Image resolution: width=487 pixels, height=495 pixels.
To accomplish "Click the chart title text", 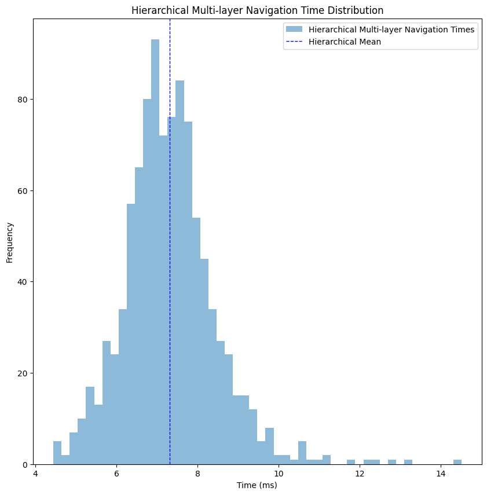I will click(x=257, y=10).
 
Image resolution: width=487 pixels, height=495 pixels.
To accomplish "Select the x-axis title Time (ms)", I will click(x=257, y=485).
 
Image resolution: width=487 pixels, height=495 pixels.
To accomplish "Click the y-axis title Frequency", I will click(x=10, y=241).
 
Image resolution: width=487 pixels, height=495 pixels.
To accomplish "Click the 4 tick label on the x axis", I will click(x=35, y=472).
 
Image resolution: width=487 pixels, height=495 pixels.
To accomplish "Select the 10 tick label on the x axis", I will click(x=279, y=472).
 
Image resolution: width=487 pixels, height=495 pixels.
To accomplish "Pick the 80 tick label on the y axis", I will click(x=23, y=100).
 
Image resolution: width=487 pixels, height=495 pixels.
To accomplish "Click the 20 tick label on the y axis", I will click(x=23, y=373).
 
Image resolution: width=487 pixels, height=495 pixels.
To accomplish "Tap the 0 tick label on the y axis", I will click(x=25, y=464).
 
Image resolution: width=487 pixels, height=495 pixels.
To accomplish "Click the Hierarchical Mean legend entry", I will click(x=345, y=42).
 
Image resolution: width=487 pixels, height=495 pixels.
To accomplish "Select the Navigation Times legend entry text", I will click(x=391, y=30).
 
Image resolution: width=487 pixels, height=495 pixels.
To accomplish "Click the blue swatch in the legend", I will click(x=294, y=30).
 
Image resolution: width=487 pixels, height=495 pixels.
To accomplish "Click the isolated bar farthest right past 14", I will click(x=457, y=462).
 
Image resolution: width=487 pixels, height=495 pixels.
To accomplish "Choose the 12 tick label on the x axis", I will click(x=360, y=472).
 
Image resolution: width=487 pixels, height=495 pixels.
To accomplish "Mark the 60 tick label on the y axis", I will click(x=23, y=191).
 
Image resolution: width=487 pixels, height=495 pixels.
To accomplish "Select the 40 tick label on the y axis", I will click(x=23, y=282).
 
